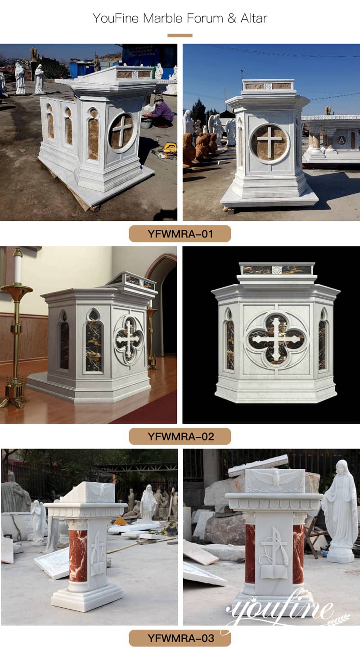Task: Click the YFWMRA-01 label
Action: click(x=180, y=233)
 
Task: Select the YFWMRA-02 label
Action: click(x=180, y=436)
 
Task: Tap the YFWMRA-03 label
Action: click(x=180, y=638)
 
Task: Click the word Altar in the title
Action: click(x=253, y=18)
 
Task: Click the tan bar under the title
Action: click(x=180, y=35)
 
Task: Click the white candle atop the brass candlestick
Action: click(x=18, y=266)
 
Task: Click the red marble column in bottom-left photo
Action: click(x=78, y=556)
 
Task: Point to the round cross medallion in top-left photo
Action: click(x=121, y=132)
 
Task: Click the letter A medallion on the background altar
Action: click(x=342, y=140)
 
